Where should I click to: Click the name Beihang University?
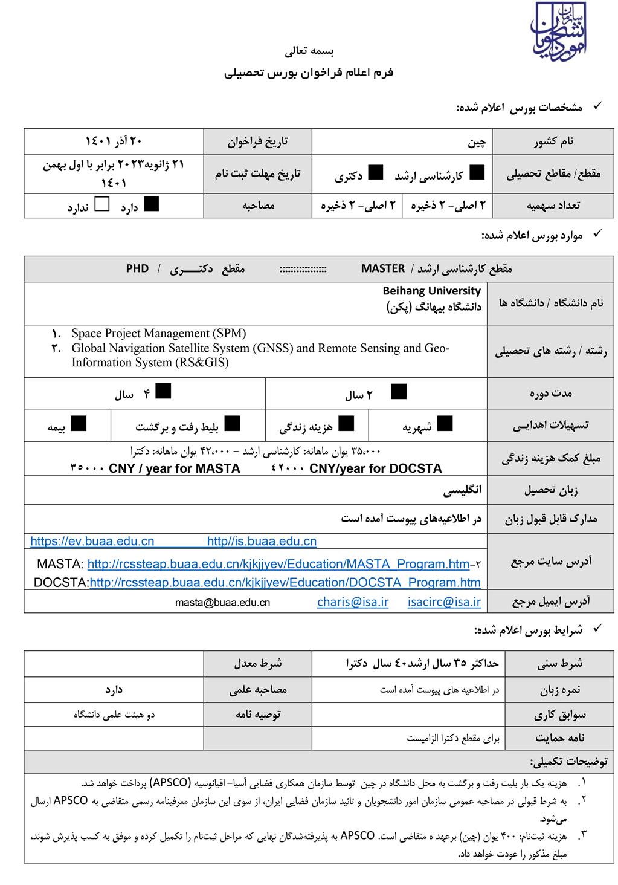432,291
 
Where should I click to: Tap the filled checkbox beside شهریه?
445,423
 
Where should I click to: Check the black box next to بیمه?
79,423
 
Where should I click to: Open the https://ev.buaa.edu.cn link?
92,542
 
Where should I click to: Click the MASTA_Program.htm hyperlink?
278,564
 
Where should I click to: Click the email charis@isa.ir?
353,601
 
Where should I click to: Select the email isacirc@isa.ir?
445,601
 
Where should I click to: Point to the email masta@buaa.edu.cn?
222,602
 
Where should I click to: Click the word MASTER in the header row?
383,268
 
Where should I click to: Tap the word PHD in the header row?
137,268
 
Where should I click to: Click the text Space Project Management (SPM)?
159,333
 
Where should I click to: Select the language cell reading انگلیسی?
462,490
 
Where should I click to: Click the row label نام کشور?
553,142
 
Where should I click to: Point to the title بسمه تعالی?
309,51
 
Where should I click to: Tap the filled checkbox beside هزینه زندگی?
346,423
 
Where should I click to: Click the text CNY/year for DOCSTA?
375,468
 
